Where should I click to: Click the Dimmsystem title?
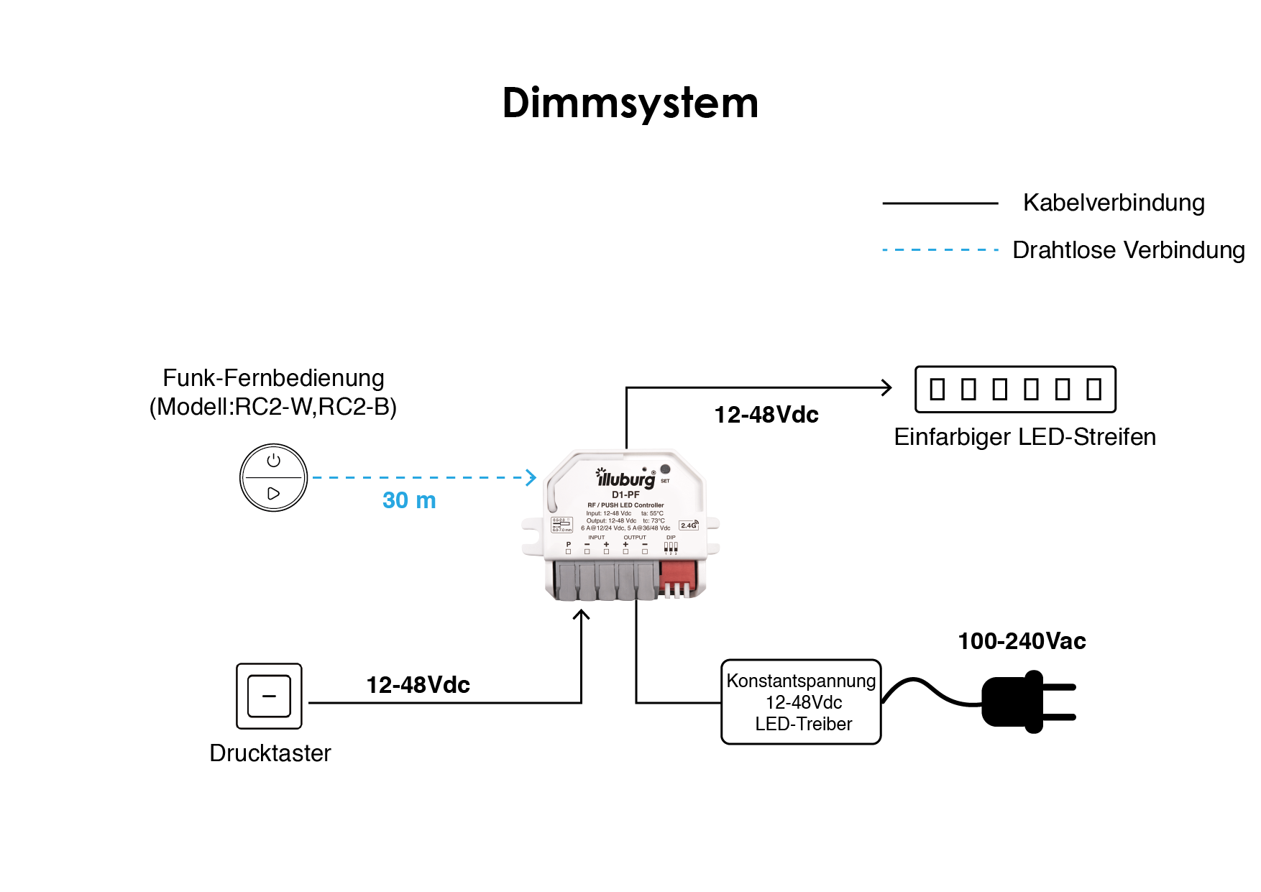(x=630, y=103)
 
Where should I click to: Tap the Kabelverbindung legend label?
(x=1113, y=203)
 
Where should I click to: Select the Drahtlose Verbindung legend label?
(x=1128, y=250)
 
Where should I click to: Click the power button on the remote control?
(x=273, y=461)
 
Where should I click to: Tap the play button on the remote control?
(x=273, y=494)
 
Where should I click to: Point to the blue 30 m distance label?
(x=409, y=500)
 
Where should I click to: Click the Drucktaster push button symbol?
(x=269, y=696)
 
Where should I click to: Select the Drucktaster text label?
(x=270, y=753)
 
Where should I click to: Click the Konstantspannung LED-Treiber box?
(x=801, y=702)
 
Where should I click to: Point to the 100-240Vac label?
(x=1022, y=641)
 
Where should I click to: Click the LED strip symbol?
(x=1015, y=389)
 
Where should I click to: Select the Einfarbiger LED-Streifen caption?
(x=1024, y=437)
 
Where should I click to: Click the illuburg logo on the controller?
(x=625, y=479)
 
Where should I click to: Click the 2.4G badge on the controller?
(x=688, y=525)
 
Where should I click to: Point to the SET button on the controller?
(x=665, y=469)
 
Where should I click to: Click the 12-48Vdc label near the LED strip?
(x=766, y=415)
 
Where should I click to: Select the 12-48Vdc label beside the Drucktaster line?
(x=418, y=685)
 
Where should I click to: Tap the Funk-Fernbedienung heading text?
(x=273, y=378)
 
